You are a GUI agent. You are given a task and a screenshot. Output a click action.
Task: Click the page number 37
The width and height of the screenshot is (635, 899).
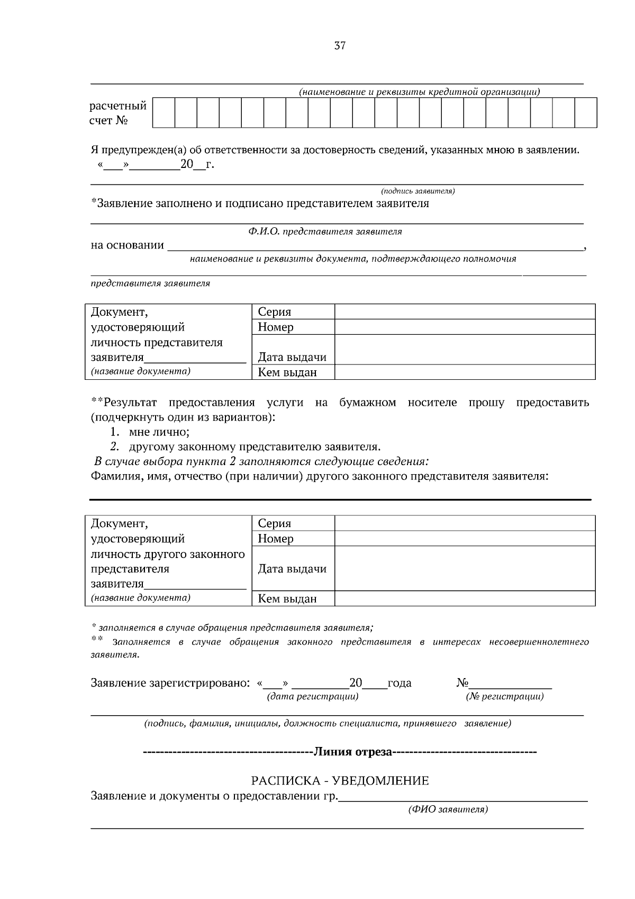click(340, 46)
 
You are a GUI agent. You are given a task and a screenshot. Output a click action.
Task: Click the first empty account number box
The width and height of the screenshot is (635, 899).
click(164, 112)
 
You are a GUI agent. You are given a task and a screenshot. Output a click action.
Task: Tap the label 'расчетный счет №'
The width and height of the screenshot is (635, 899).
click(117, 113)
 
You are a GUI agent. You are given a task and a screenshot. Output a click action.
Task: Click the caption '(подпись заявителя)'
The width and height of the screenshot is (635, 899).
click(418, 191)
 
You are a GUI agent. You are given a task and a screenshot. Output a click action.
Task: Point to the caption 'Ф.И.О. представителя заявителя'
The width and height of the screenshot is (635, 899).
click(325, 232)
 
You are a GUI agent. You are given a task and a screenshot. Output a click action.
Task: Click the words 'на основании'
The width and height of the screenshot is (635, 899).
click(128, 245)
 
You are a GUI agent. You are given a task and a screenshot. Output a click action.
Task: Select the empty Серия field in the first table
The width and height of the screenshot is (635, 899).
click(465, 311)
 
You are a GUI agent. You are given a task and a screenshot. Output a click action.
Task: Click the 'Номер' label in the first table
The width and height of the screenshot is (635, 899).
click(276, 327)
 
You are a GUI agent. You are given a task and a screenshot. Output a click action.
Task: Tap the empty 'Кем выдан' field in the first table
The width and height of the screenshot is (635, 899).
click(465, 372)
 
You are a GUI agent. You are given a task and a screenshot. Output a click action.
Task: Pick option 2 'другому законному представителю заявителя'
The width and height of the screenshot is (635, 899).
click(254, 447)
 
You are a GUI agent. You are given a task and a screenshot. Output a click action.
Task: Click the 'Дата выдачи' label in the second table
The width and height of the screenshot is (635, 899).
click(292, 569)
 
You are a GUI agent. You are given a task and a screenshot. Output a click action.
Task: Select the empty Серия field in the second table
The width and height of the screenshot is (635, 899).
click(465, 523)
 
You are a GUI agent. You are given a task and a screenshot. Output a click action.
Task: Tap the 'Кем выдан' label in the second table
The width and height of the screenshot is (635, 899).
click(287, 599)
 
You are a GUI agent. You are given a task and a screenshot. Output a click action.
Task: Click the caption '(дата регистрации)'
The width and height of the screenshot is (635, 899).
click(313, 696)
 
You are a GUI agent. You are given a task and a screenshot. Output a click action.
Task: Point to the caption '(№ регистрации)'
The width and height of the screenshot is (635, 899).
click(504, 696)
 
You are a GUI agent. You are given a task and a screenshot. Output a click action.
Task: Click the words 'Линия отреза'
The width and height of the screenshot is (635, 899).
click(353, 752)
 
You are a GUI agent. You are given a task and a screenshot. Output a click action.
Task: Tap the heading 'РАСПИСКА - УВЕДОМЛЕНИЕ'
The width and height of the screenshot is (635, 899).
click(340, 780)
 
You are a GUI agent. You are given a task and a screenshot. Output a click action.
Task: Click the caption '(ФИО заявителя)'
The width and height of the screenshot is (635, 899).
click(448, 809)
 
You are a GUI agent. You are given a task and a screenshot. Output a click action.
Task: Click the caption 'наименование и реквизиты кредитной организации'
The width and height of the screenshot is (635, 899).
click(419, 92)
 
